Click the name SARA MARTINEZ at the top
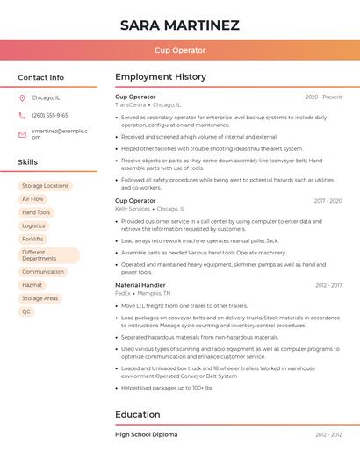click(x=179, y=25)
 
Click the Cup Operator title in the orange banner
click(x=179, y=50)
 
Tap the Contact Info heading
click(x=40, y=77)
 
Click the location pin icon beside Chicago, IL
click(x=22, y=97)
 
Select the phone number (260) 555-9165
click(x=50, y=115)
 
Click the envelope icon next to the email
click(x=22, y=133)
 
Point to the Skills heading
click(x=27, y=162)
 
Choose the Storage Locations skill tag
click(x=45, y=186)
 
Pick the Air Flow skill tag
click(x=32, y=199)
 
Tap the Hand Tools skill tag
click(x=36, y=212)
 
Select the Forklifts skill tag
click(x=32, y=239)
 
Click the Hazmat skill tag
click(x=32, y=285)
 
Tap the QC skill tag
click(x=26, y=311)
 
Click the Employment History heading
click(x=161, y=77)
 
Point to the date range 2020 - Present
click(x=323, y=97)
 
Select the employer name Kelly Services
click(x=133, y=209)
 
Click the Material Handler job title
click(x=140, y=285)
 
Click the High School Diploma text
click(x=146, y=434)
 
